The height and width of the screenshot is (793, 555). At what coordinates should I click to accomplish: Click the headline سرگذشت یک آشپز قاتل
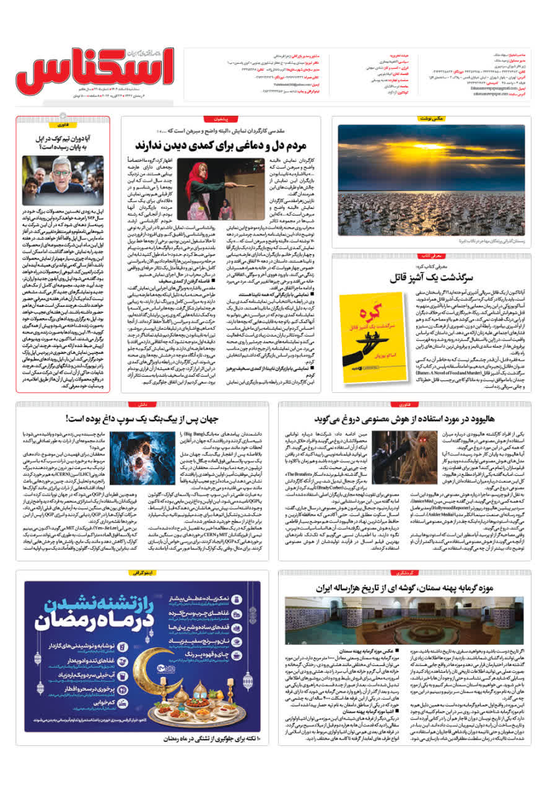point(439,276)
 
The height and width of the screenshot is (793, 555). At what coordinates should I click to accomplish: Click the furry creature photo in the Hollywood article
point(307,449)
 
